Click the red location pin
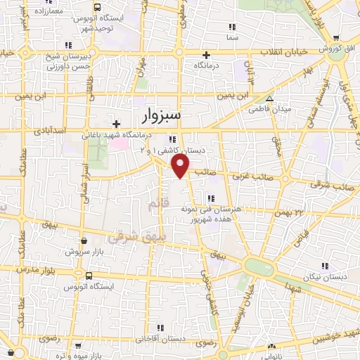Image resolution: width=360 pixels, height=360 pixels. pyautogui.click(x=181, y=165)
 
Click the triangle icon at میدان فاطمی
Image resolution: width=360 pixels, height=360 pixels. pyautogui.click(x=270, y=98)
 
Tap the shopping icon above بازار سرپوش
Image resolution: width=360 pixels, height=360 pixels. pyautogui.click(x=84, y=240)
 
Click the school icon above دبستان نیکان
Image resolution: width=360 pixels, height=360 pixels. pyautogui.click(x=324, y=265)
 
